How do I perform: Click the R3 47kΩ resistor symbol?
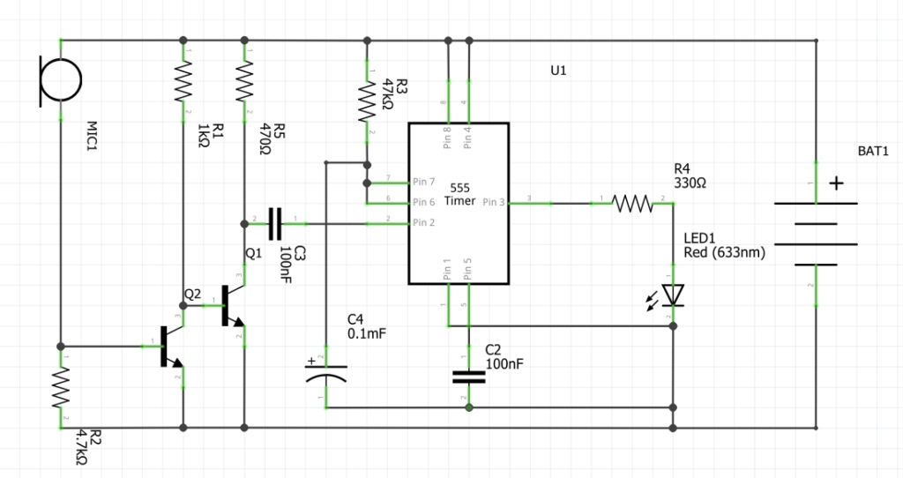367,101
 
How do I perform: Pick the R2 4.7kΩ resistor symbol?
60,385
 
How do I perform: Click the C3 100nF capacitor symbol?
274,224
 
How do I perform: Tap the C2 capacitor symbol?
468,377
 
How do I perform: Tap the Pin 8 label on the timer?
447,136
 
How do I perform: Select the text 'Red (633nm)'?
724,253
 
